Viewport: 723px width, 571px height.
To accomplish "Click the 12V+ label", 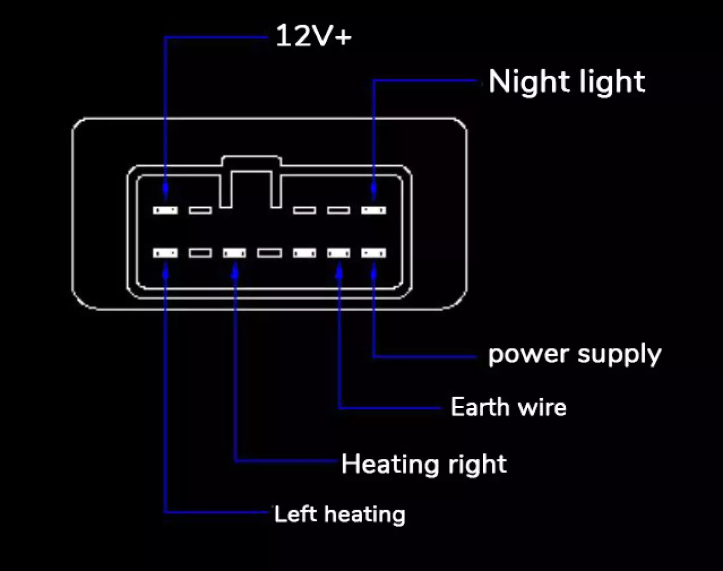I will coord(314,37).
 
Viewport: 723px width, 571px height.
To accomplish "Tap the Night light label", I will coord(566,81).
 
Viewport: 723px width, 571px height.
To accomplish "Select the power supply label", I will coord(575,354).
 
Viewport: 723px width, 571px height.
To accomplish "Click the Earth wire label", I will coord(508,407).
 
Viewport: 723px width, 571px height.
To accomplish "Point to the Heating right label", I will coord(424,464).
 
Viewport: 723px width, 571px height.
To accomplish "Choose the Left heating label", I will coord(339,514).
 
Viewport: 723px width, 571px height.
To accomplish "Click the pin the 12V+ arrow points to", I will coord(165,210).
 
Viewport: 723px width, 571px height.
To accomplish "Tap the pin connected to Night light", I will coord(373,210).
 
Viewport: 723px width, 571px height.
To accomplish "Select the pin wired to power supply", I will coord(373,253).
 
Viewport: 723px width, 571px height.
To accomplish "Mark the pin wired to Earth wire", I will coord(339,253).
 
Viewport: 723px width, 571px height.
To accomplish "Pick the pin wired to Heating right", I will coord(234,253).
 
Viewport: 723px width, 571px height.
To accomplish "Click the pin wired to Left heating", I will coord(165,253).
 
